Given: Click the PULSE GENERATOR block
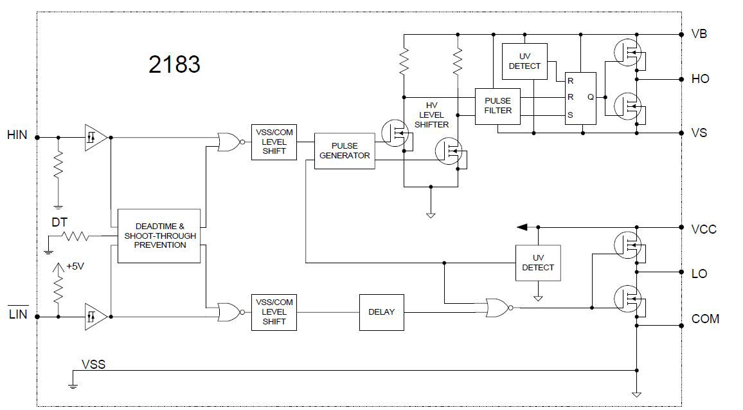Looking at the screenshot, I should point(345,151).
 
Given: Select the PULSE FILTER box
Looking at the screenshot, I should point(497,105).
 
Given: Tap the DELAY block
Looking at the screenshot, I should point(381,312).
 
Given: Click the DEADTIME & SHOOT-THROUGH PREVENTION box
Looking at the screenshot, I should point(161,236).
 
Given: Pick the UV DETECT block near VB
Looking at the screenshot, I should point(524,61).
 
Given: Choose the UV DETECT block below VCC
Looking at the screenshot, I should point(538,263).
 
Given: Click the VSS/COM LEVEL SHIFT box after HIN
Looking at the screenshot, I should point(274,142).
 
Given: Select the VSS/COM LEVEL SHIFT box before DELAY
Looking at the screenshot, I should point(274,312).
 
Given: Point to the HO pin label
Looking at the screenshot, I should point(700,79).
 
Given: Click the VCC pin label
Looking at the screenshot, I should point(703,229).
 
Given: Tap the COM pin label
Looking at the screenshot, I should point(705,319).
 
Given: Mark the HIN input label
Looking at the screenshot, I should point(17,135).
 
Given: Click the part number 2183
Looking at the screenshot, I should point(174,64).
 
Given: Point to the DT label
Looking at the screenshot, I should point(60,222).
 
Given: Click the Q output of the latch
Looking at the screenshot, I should point(590,97).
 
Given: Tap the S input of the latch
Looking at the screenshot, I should point(570,116).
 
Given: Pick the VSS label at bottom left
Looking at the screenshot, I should point(93,364).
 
